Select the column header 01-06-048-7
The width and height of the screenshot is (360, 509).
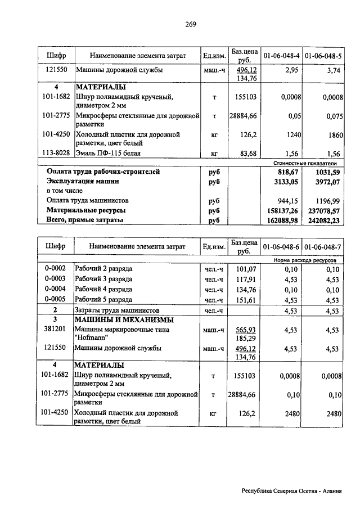(323, 247)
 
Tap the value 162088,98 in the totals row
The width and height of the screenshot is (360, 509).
(281, 220)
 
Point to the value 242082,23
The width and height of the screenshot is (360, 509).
(323, 220)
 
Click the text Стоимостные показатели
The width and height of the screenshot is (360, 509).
(310, 162)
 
